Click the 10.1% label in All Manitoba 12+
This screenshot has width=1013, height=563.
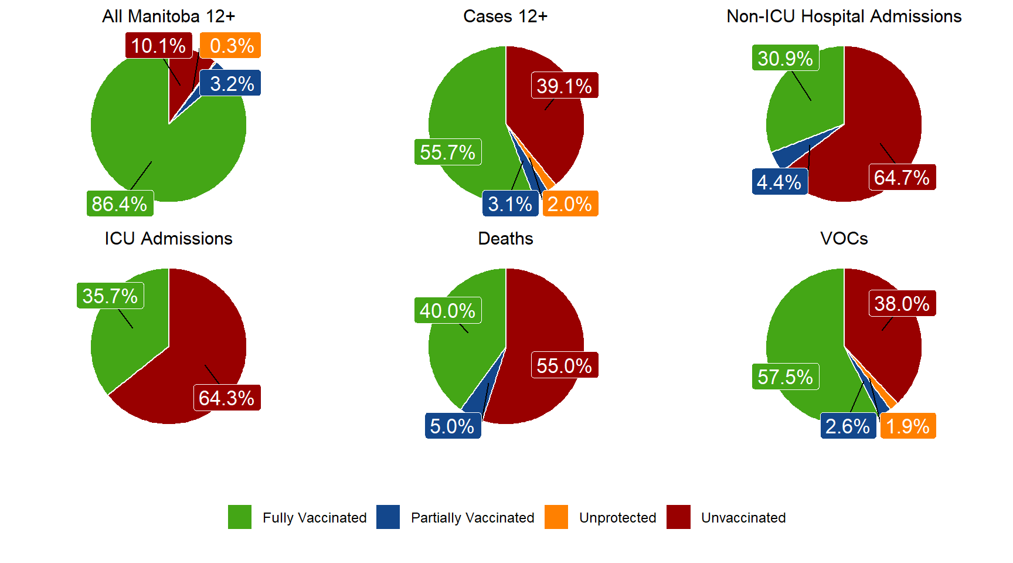[158, 45]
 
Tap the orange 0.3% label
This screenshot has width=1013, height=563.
[230, 45]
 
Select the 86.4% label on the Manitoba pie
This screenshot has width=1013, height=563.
[120, 204]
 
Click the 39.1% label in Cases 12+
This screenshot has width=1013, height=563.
[565, 86]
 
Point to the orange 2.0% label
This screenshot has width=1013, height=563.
[570, 204]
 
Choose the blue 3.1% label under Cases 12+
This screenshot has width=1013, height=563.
[510, 204]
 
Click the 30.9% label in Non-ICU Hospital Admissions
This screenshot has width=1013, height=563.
[786, 58]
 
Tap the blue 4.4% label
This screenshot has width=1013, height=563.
[780, 182]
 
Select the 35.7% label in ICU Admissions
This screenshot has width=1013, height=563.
[110, 296]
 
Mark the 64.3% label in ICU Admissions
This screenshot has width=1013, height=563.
[227, 398]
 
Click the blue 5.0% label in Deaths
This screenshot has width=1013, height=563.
[453, 426]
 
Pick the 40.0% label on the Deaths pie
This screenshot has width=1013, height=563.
[448, 310]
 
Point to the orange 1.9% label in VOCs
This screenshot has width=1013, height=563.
[908, 426]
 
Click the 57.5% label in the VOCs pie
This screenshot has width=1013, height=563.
[786, 377]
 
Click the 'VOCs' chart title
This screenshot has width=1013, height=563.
[844, 239]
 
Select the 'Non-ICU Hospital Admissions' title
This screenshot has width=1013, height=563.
[844, 16]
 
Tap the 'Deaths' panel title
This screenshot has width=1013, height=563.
[506, 239]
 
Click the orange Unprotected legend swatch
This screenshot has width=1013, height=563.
[556, 517]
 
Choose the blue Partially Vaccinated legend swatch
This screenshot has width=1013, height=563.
[388, 517]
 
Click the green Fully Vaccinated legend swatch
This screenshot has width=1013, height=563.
[240, 517]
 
